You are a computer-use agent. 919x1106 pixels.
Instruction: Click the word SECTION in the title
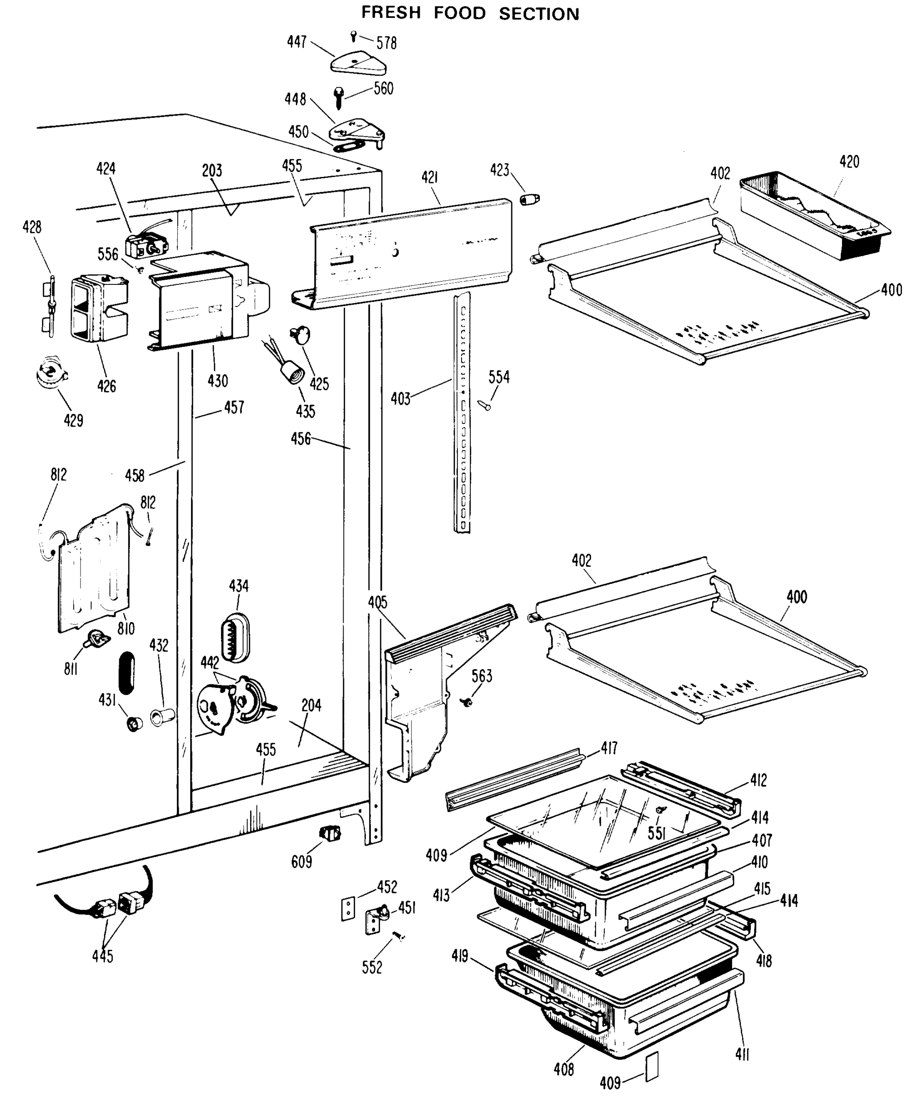[x=539, y=14]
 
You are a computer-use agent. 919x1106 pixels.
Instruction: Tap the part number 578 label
[x=386, y=43]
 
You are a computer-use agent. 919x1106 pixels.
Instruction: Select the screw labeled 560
[x=339, y=98]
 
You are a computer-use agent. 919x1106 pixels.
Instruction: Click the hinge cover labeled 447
[x=358, y=63]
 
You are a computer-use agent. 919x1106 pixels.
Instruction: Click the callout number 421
[x=429, y=178]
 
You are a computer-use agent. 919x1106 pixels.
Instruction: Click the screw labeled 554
[x=485, y=405]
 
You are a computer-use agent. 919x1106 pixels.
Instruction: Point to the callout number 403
[x=400, y=399]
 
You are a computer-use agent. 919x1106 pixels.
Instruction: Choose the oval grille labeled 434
[x=235, y=637]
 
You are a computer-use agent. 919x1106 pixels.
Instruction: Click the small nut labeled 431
[x=135, y=724]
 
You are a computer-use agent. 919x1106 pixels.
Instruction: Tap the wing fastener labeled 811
[x=96, y=638]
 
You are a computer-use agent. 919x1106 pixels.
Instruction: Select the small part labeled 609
[x=330, y=833]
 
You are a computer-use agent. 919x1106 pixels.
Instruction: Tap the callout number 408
[x=563, y=1070]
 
